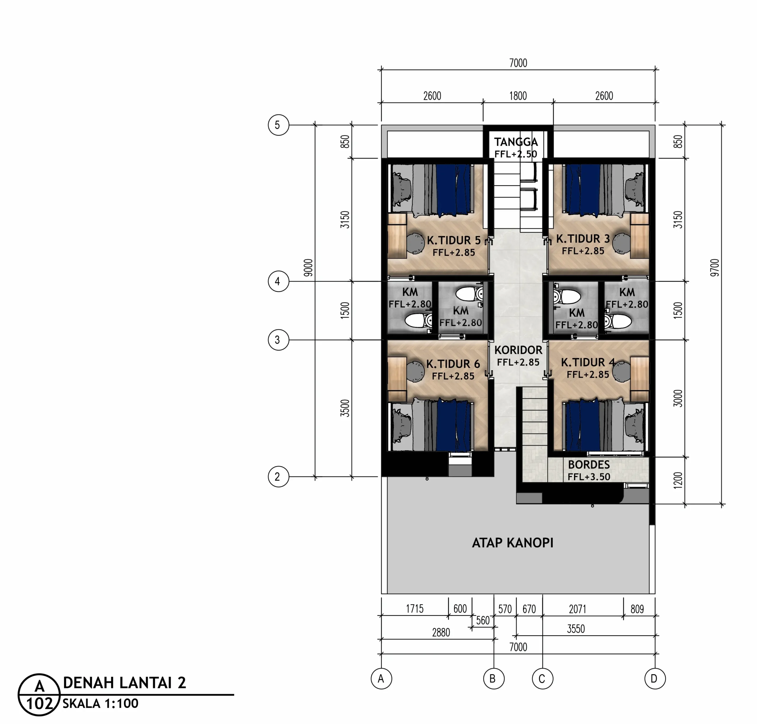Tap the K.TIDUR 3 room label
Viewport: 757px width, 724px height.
point(583,239)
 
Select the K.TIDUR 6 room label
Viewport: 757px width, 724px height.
point(453,364)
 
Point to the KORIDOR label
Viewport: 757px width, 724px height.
point(518,350)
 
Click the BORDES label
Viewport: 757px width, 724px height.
point(589,465)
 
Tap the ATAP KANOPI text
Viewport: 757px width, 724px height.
point(512,543)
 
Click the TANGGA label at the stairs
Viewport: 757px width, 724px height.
point(516,142)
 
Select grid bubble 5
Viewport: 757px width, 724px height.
point(279,125)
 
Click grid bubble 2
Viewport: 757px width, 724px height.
point(279,477)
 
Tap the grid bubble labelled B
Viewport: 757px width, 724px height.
point(494,678)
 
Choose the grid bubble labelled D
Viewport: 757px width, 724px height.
point(655,678)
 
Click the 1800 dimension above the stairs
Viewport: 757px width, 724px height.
point(518,96)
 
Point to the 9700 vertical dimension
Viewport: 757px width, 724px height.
point(715,267)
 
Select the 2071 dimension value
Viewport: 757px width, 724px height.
point(578,609)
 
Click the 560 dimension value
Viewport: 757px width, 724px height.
point(483,620)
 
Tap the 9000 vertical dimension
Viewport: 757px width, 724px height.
point(308,267)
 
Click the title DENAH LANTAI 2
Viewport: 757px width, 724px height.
point(124,683)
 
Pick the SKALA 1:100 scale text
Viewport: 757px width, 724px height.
point(101,703)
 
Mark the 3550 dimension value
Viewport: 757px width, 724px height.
point(576,629)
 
